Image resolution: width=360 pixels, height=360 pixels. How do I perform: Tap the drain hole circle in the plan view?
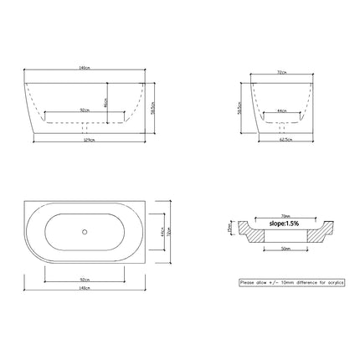tap(87, 229)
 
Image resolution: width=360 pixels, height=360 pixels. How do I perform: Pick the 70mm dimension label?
tap(286, 215)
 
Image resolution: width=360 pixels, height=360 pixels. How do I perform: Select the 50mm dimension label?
tap(286, 249)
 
